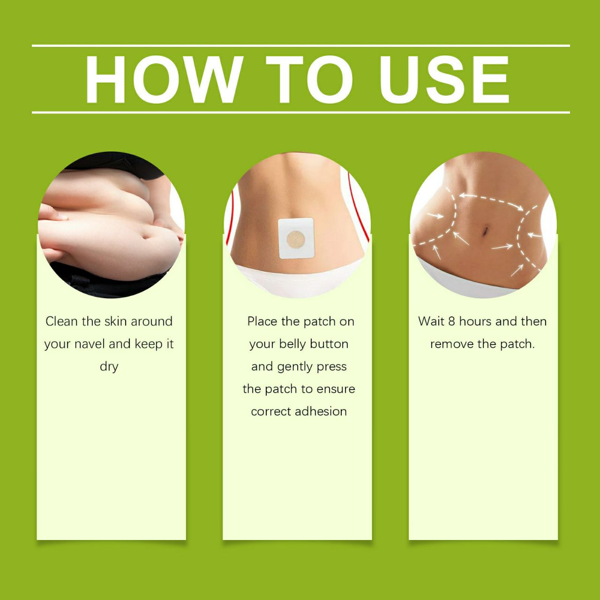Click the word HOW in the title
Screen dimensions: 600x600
pos(164,79)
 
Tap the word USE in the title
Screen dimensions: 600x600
pos(444,79)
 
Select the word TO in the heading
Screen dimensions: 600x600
pos(309,79)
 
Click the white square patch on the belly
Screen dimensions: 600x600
pos(297,239)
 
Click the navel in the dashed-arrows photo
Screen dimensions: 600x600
pos(485,231)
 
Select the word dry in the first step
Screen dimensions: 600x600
pos(109,367)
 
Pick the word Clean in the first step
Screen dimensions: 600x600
pos(62,322)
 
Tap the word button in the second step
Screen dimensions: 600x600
pos(329,344)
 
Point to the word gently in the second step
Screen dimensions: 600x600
pos(295,367)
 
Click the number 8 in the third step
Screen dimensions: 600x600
pos(451,322)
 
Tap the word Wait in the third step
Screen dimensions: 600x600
pos(431,322)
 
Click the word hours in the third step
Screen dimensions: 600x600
pos(475,322)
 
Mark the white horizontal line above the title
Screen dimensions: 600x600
pos(301,46)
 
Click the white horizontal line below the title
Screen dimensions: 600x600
pos(301,112)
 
